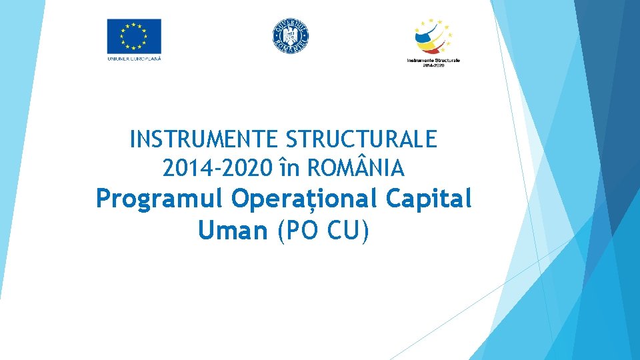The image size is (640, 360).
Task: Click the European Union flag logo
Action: click(x=134, y=36)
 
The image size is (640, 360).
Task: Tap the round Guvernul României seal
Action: click(x=291, y=35)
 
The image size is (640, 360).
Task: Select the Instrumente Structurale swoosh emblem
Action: click(x=433, y=36)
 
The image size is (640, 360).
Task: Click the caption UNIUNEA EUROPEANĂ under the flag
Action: click(x=134, y=58)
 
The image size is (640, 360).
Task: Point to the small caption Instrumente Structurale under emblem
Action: click(x=433, y=61)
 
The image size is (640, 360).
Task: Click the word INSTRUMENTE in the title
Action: click(x=204, y=140)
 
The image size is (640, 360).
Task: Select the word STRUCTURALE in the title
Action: click(x=361, y=140)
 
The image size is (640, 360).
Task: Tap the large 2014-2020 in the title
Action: click(x=217, y=169)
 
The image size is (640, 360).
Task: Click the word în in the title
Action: click(x=289, y=169)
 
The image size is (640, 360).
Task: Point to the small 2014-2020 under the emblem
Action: click(x=433, y=67)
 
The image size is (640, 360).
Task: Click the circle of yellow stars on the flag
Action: click(x=134, y=35)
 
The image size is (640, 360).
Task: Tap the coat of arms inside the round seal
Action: click(x=291, y=35)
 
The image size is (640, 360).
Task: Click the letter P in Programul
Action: click(x=103, y=199)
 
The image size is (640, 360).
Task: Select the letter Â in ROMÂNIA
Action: click(x=368, y=168)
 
